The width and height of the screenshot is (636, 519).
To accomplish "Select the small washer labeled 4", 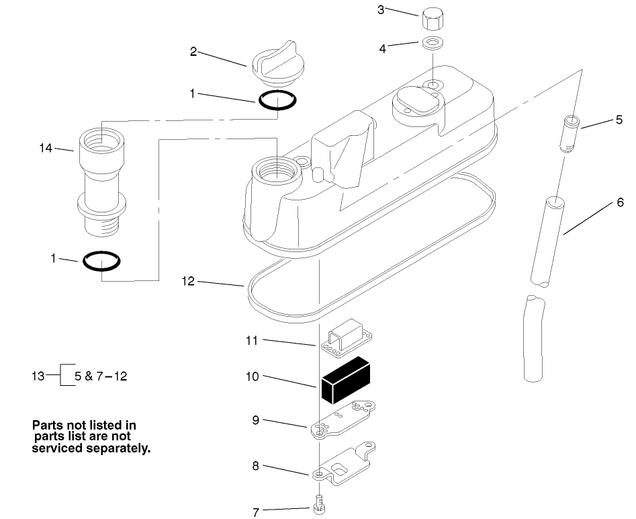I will [432, 44].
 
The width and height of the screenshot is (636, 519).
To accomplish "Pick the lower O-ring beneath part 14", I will [101, 260].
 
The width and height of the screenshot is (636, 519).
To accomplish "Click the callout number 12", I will [188, 281].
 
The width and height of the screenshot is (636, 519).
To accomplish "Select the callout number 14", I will [46, 148].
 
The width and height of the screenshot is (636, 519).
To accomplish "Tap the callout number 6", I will [619, 202].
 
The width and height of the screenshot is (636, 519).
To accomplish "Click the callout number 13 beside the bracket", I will [39, 375].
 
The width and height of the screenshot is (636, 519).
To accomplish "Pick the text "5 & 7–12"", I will [101, 375].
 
